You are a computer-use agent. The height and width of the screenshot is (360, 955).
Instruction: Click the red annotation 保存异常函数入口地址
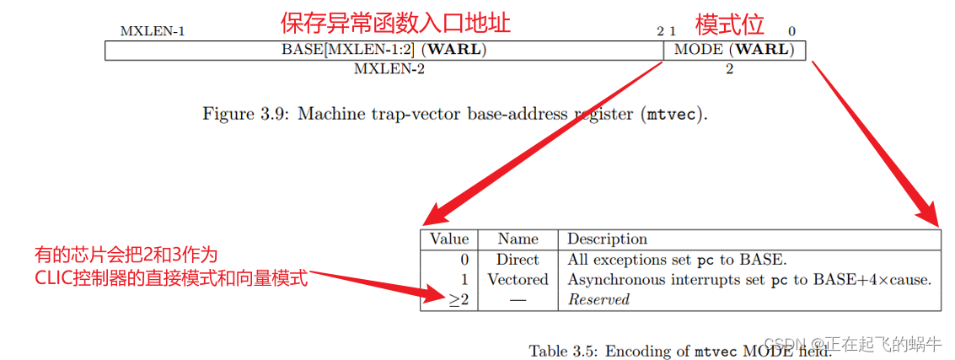coord(395,22)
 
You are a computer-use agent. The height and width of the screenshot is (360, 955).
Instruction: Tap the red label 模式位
coord(729,23)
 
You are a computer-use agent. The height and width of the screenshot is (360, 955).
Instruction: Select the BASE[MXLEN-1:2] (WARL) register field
coord(384,50)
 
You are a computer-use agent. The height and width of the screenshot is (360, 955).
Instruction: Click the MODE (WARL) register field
coord(734,50)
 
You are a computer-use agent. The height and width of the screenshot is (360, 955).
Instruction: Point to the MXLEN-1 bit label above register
coord(153,32)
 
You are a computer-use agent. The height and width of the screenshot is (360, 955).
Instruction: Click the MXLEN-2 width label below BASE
coord(389,69)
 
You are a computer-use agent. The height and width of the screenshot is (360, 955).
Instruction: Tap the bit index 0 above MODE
coord(791,32)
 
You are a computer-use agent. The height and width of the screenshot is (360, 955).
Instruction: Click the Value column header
coord(448,239)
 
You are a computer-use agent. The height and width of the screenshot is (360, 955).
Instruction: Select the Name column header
coord(518,239)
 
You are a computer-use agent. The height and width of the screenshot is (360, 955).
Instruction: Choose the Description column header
coord(607,239)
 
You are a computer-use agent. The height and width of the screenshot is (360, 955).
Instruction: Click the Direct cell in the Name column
coord(518,260)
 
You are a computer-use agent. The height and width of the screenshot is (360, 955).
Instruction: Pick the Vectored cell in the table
coord(518,280)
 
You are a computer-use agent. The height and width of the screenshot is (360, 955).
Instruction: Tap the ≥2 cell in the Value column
coord(459,300)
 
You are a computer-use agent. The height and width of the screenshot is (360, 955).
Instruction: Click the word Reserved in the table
coord(598,300)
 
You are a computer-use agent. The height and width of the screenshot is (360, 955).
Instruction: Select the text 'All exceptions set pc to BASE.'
coord(677,260)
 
